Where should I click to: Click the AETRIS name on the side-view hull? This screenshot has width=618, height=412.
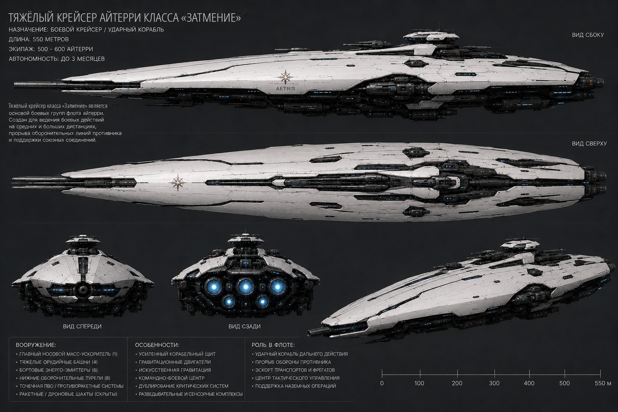tap(285, 89)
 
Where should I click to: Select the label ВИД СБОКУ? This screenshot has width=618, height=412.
tap(588, 35)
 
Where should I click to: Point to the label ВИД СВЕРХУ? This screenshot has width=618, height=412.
tap(589, 144)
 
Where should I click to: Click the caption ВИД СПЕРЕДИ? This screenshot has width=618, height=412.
tap(82, 326)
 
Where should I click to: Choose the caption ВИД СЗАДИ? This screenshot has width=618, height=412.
tap(245, 326)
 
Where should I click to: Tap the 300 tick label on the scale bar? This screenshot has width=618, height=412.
tap(494, 383)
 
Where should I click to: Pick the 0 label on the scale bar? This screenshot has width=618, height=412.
tap(382, 383)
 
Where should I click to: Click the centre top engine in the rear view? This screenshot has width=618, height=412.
tap(245, 287)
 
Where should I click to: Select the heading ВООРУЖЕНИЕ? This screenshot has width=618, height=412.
tap(36, 345)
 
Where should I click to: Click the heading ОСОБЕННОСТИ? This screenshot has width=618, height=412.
tap(157, 345)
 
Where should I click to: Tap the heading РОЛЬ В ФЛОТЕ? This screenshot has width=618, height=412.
tap(273, 345)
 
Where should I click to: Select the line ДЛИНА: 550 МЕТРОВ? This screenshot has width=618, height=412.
tap(39, 39)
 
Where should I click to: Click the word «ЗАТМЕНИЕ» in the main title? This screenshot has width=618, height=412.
tap(212, 18)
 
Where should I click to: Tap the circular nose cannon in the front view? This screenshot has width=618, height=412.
tap(82, 289)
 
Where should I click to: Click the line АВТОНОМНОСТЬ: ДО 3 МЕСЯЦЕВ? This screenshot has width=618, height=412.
tap(57, 59)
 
